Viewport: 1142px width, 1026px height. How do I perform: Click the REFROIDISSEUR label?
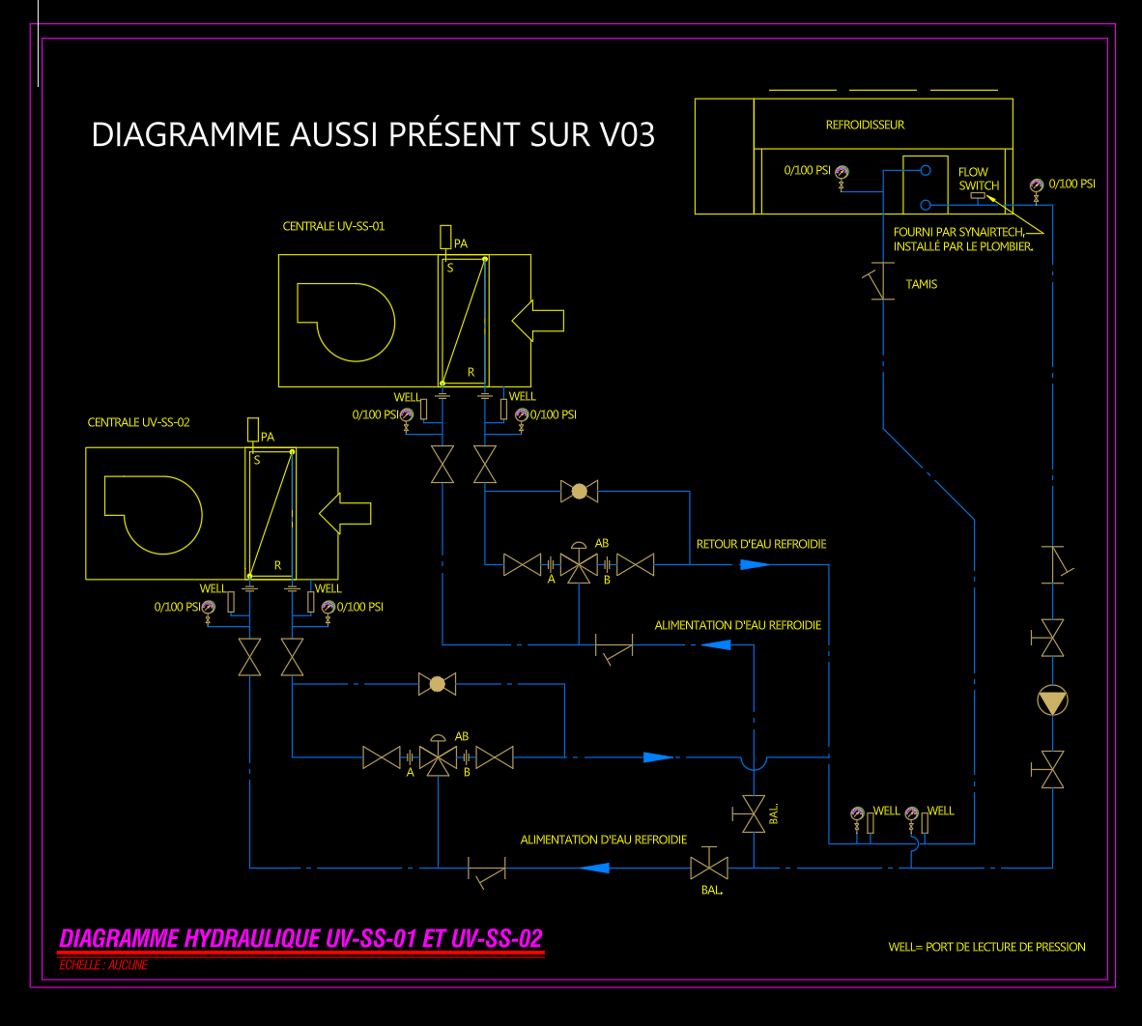[865, 125]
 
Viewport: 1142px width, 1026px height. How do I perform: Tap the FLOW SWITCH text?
[978, 179]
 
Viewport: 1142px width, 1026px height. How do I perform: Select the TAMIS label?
[921, 284]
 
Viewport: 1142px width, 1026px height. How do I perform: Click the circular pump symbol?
[1052, 700]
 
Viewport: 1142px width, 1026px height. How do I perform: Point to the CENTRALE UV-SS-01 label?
[333, 226]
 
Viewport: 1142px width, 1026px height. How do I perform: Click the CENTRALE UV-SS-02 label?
[138, 422]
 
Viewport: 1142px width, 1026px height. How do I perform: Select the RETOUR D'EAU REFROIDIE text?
[761, 544]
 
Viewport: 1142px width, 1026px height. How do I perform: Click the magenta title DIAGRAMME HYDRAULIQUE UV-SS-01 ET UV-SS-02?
[301, 938]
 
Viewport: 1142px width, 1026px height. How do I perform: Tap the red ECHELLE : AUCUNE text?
[103, 964]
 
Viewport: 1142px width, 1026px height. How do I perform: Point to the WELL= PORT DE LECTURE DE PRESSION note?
[986, 947]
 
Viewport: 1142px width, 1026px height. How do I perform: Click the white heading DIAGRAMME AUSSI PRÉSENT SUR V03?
[373, 134]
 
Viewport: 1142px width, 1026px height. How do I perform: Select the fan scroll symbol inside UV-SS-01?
[346, 321]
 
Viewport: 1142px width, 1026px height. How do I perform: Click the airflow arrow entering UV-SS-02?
[345, 513]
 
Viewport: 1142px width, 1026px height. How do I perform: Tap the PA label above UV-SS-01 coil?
[460, 243]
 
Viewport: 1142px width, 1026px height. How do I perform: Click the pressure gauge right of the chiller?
[1037, 185]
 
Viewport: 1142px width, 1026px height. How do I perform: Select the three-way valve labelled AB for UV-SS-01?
[579, 565]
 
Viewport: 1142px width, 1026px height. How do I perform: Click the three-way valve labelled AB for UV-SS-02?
[439, 757]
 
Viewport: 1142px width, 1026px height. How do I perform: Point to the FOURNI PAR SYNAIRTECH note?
[962, 239]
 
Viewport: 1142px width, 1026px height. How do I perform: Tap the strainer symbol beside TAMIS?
[880, 281]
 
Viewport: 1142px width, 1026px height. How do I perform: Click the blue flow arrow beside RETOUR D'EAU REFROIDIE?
[755, 564]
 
